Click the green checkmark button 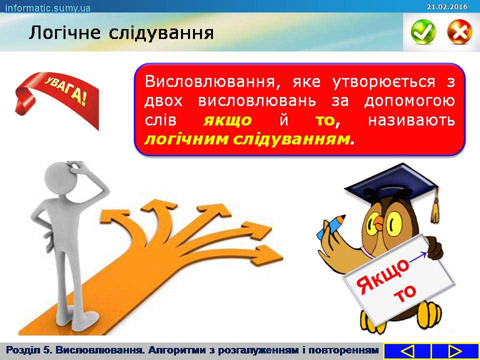coord(423,31)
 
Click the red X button coord(459,31)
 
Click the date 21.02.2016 coord(447,6)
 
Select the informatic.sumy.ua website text coord(48,7)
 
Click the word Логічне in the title coord(64,33)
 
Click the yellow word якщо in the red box coord(227,120)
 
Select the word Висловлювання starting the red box coord(211,82)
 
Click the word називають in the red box coord(411,120)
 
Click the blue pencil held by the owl coord(330,227)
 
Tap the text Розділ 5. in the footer coord(29,350)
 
